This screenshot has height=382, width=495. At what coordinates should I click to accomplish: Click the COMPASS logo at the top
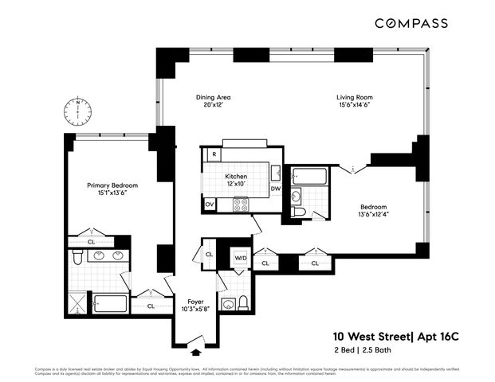pyautogui.click(x=423, y=24)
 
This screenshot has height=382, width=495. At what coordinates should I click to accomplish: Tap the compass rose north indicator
pyautogui.click(x=78, y=109)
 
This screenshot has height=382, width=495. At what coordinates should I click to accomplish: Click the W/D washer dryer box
pyautogui.click(x=240, y=258)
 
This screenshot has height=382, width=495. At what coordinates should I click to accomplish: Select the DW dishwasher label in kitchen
pyautogui.click(x=275, y=189)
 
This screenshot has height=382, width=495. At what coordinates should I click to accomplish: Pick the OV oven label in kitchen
pyautogui.click(x=210, y=205)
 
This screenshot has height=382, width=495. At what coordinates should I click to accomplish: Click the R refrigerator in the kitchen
pyautogui.click(x=214, y=154)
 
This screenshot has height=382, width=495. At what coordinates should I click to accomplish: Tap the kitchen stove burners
pyautogui.click(x=240, y=205)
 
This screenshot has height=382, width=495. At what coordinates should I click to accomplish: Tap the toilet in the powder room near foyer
pyautogui.click(x=244, y=302)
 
